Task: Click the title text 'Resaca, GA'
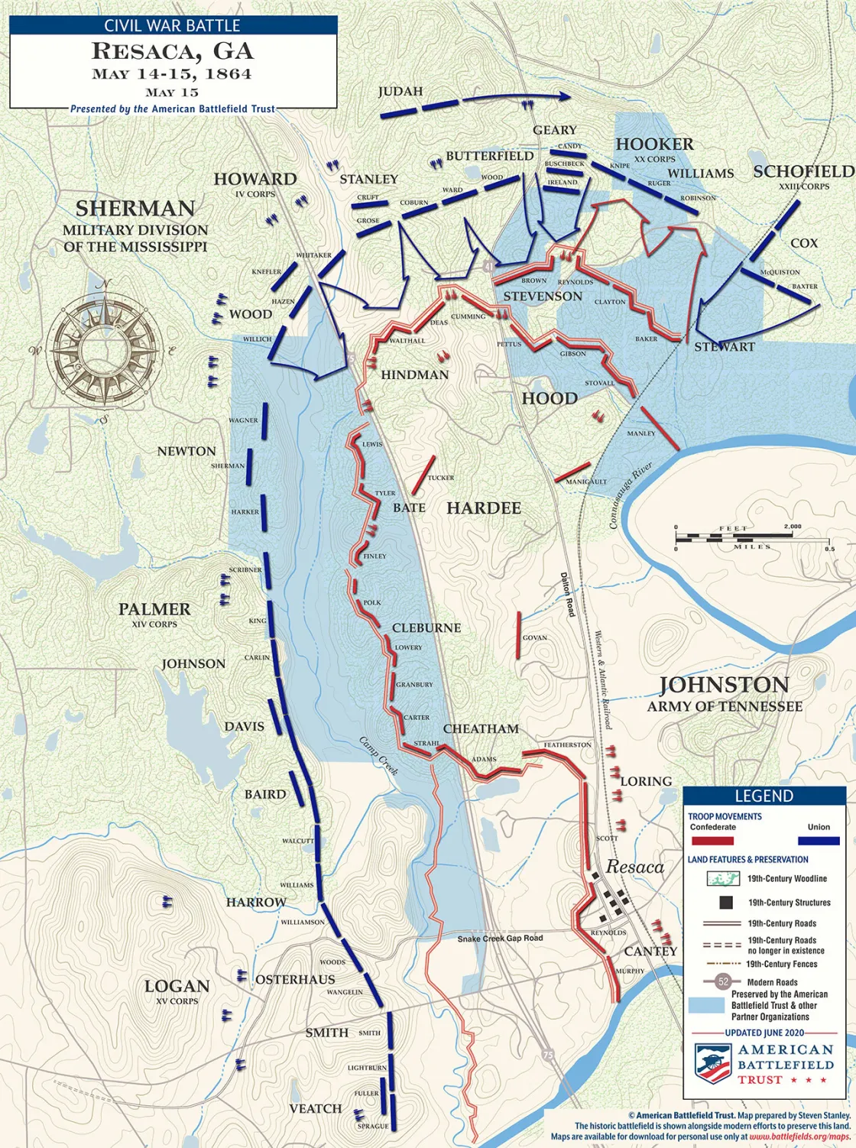(172, 52)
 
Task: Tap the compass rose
(99, 351)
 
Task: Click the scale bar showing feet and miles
(754, 537)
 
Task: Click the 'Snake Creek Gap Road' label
(501, 938)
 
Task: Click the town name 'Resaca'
(635, 867)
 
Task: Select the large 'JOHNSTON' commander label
(724, 684)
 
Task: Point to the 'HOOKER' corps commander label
(655, 144)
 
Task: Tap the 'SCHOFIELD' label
(803, 171)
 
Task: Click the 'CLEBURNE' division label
(426, 628)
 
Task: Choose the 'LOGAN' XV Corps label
(177, 986)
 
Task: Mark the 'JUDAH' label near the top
(400, 92)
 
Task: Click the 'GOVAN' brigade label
(535, 637)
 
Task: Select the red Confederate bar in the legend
(712, 841)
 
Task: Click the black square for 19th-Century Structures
(725, 903)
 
